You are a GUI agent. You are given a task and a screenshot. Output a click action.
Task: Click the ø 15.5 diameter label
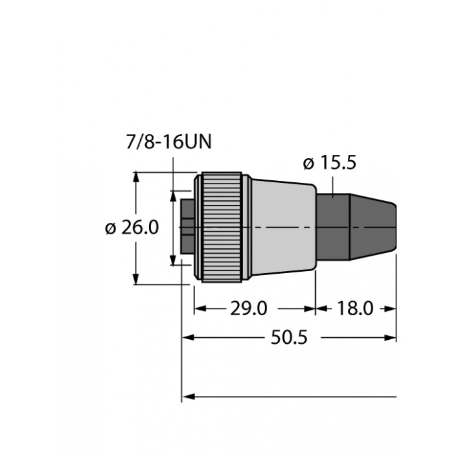[330, 162]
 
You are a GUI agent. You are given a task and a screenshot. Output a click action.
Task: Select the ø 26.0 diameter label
[132, 228]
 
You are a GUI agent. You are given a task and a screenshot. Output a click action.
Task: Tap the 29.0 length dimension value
[248, 308]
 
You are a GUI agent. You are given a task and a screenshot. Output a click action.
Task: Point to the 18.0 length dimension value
[355, 308]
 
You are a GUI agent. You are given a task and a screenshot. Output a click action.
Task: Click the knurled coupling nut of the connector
[220, 228]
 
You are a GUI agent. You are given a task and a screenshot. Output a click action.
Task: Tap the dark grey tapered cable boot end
[374, 227]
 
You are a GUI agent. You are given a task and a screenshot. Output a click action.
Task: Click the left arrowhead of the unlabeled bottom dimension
[188, 397]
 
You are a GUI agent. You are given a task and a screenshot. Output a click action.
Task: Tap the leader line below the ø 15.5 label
[331, 184]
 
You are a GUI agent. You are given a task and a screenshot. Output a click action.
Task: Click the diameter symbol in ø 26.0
[111, 228]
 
